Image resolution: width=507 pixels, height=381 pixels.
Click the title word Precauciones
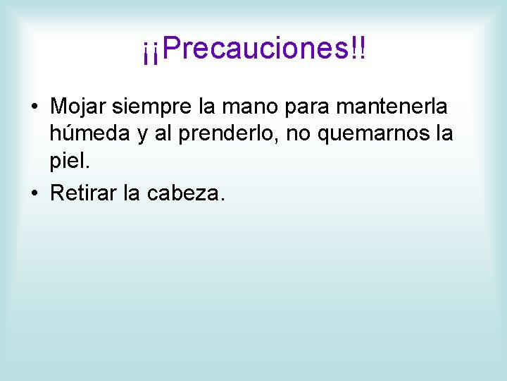257,49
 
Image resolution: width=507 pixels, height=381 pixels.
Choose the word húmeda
89,134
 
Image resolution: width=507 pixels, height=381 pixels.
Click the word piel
70,162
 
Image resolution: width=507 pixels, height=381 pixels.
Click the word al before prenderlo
163,134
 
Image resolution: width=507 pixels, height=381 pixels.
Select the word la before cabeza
132,193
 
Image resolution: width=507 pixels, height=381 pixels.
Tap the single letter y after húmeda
141,135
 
